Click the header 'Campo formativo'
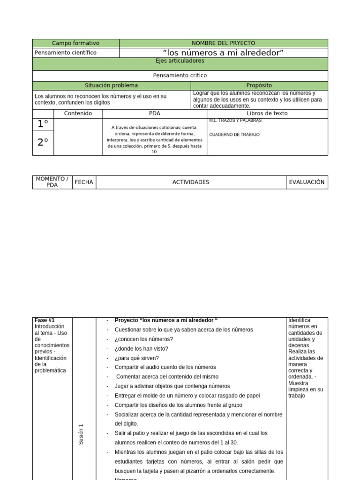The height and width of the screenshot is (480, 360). (x=75, y=43)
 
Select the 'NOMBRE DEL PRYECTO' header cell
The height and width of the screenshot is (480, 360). (x=223, y=43)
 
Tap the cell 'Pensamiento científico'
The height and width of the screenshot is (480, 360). (x=66, y=52)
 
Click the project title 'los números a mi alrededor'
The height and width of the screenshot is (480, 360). (x=223, y=52)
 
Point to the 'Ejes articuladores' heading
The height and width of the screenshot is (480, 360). (x=180, y=61)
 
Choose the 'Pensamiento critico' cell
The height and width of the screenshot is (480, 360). (x=180, y=75)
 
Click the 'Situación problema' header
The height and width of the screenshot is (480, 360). (x=111, y=85)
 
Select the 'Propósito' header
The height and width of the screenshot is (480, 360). (x=259, y=85)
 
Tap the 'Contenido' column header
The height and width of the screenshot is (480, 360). (x=78, y=113)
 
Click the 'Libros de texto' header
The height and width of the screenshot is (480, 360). (x=267, y=113)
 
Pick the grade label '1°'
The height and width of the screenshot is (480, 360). (x=43, y=124)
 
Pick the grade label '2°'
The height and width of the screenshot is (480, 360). (x=43, y=143)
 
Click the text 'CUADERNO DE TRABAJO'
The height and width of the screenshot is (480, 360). (x=234, y=135)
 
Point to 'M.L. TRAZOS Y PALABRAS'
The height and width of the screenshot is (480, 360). (x=235, y=120)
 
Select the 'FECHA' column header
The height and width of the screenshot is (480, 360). (x=84, y=182)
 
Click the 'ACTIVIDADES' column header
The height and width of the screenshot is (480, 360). (x=191, y=182)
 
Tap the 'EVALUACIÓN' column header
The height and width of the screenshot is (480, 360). (x=307, y=182)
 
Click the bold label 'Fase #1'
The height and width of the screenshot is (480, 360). (x=45, y=320)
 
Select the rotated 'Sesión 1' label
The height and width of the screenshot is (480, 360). (x=81, y=434)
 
